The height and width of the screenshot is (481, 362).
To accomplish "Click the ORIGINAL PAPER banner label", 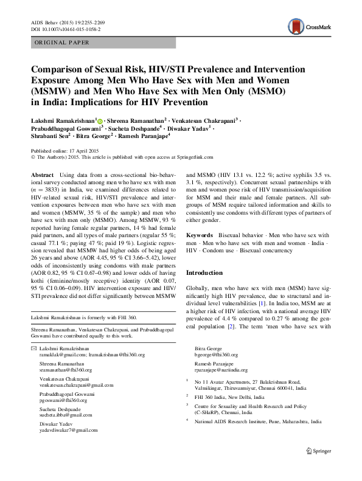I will click(x=61, y=43).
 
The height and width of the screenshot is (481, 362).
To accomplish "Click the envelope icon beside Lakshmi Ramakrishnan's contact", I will click(x=33, y=347).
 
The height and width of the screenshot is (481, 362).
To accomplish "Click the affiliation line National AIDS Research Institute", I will click(x=257, y=420).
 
